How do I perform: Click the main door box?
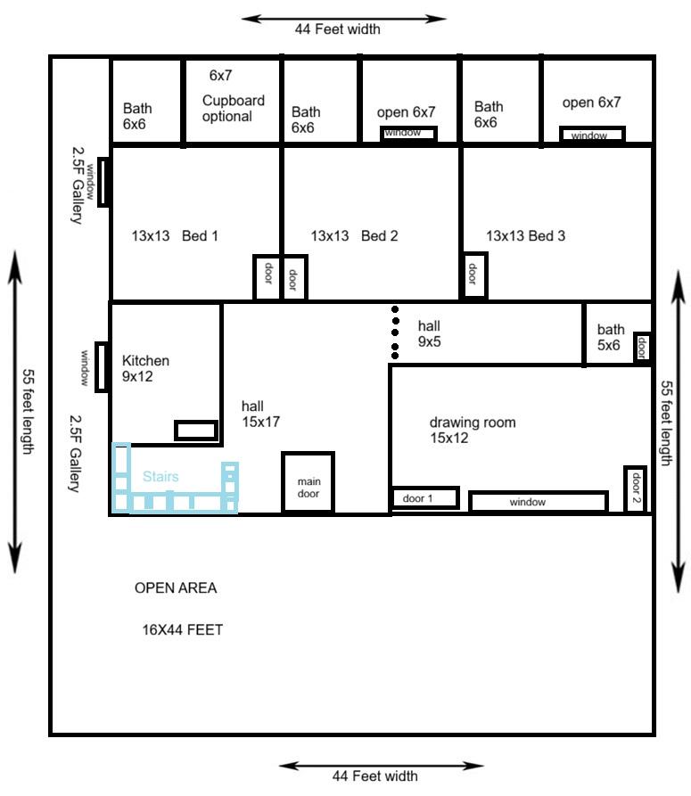point(308,482)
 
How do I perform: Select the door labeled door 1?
point(424,497)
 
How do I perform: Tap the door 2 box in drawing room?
point(635,488)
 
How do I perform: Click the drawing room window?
point(539,502)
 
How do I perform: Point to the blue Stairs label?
point(160,476)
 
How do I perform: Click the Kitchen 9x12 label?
point(145,368)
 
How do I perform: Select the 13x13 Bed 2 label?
point(354,235)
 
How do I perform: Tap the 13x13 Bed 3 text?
point(525,235)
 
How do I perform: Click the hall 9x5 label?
point(429,333)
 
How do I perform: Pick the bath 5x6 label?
point(610,337)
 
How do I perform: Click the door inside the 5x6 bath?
point(642,348)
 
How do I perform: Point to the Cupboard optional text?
point(234,108)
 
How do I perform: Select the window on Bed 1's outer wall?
point(103,182)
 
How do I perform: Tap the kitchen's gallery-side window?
point(102,367)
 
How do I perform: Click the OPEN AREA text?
point(176,587)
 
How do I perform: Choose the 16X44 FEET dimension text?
point(182,630)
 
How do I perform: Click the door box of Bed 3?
point(473,275)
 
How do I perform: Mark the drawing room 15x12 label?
point(473,430)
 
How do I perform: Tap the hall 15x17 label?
point(260,414)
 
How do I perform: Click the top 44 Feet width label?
point(338,29)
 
